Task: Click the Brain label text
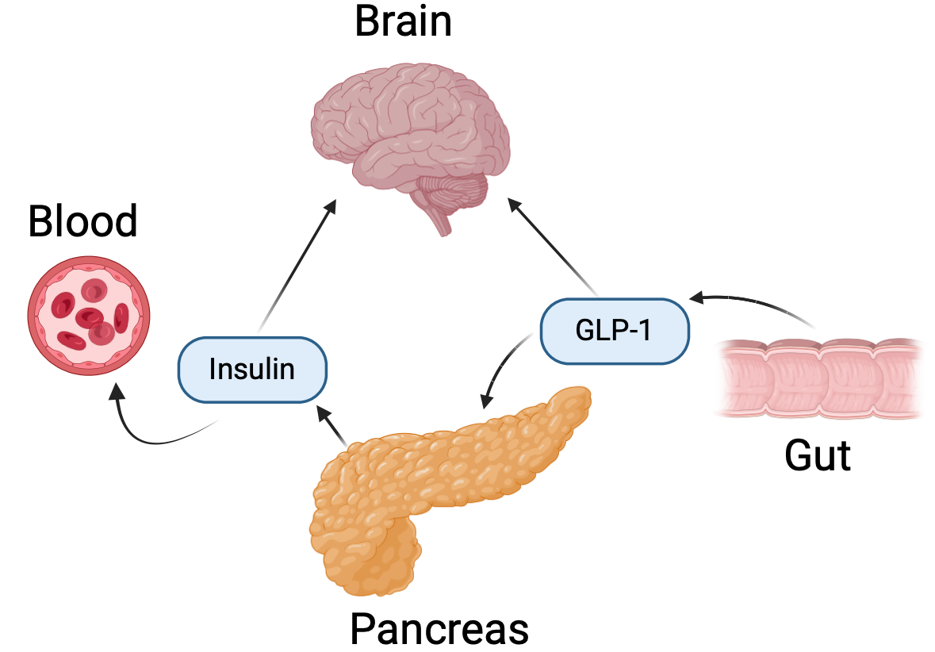pyautogui.click(x=403, y=21)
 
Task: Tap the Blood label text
pyautogui.click(x=82, y=221)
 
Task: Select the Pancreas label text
pyautogui.click(x=439, y=629)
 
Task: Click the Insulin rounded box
pyautogui.click(x=252, y=369)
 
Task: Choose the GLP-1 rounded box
pyautogui.click(x=614, y=331)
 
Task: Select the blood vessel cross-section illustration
pyautogui.click(x=88, y=315)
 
